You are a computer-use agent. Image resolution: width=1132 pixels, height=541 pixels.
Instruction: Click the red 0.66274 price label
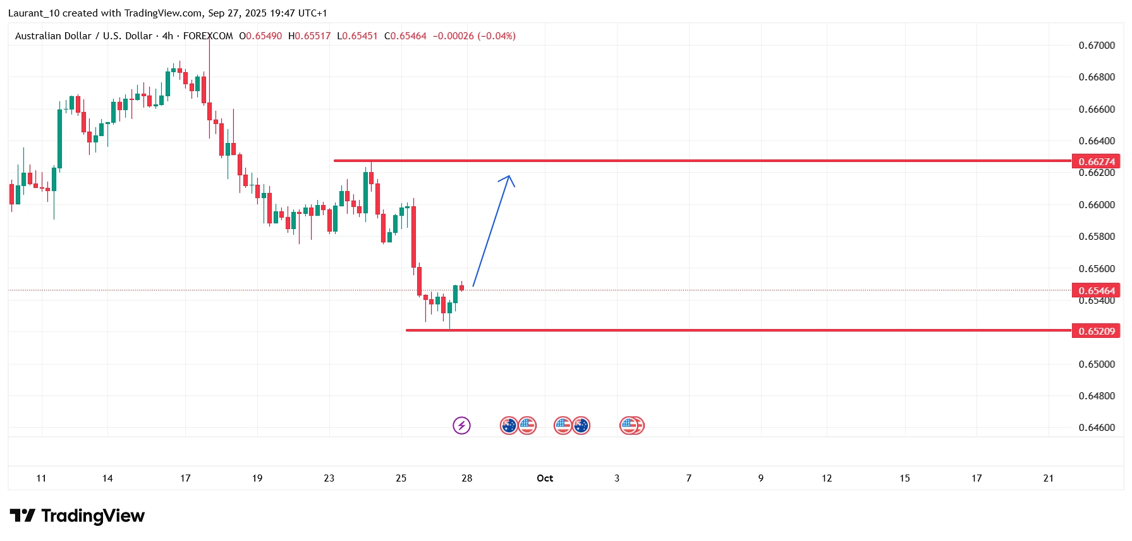tap(1096, 161)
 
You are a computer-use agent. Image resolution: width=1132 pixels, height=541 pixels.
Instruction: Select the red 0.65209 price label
tap(1096, 331)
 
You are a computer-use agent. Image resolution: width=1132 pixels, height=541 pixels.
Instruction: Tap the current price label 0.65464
tap(1096, 290)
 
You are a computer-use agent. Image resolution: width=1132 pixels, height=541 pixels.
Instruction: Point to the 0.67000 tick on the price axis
tap(1097, 46)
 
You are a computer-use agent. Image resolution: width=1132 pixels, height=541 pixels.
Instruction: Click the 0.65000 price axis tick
tap(1097, 364)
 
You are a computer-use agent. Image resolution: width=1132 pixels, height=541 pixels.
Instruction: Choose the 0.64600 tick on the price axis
tap(1097, 428)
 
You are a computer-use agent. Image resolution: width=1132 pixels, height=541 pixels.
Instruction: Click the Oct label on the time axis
tap(545, 478)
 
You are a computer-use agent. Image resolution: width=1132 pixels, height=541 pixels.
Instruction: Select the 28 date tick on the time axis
tap(467, 478)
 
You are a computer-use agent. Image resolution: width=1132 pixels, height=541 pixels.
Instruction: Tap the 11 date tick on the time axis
tap(41, 478)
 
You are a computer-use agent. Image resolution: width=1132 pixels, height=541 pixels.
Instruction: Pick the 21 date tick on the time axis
tap(1049, 478)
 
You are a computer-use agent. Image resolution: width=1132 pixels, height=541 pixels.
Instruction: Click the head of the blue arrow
tap(509, 177)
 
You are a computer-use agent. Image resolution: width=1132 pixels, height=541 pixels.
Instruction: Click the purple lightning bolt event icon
tap(462, 425)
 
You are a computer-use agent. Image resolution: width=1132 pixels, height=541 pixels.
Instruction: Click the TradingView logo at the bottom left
tap(77, 516)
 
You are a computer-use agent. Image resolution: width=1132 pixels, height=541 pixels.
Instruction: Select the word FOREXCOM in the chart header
tap(208, 36)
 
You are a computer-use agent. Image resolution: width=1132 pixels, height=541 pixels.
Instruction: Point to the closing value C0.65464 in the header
tap(405, 36)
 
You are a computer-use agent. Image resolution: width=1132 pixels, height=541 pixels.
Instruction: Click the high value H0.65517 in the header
tap(309, 36)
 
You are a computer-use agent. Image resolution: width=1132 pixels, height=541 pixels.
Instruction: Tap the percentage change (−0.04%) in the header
tap(496, 36)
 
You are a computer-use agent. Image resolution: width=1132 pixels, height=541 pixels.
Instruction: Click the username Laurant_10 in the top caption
tap(33, 13)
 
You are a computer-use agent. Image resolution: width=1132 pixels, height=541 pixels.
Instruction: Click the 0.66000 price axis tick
tap(1097, 205)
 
